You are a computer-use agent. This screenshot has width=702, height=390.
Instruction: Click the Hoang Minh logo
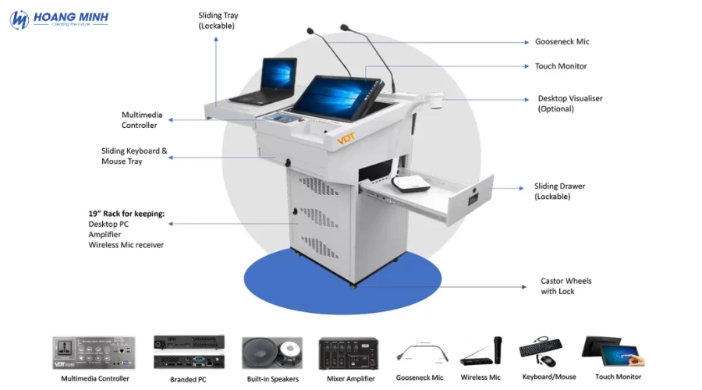59,19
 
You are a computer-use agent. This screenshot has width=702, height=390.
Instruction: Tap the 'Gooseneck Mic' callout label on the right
562,41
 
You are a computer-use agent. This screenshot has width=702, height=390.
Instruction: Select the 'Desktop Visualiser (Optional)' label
570,104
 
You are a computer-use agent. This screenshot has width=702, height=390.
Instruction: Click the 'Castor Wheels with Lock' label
566,286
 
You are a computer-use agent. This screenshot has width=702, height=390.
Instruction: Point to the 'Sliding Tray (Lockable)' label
218,20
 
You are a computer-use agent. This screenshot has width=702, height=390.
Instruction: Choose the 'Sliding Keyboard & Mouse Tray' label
134,156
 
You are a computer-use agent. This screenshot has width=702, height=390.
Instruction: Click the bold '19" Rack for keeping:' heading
126,214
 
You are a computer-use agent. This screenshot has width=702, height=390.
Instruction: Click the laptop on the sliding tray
265,81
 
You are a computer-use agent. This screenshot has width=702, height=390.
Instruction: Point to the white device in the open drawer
410,183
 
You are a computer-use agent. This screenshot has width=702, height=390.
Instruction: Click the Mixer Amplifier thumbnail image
349,353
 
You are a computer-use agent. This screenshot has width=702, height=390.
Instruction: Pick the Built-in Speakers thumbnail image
272,353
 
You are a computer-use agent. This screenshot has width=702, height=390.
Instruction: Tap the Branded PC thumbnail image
189,353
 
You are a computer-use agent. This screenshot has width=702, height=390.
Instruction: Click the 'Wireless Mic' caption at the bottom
480,378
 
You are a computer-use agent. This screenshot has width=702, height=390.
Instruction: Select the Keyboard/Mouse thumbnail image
541,352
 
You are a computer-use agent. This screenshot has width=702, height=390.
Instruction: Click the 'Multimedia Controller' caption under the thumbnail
95,379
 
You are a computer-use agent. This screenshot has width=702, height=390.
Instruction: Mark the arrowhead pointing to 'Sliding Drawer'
521,188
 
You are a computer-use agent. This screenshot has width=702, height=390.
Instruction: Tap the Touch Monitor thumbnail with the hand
614,352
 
